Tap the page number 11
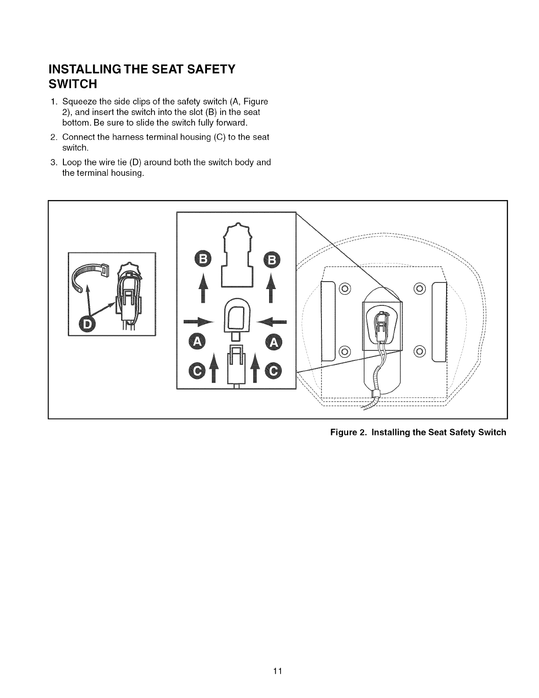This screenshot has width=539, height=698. pyautogui.click(x=277, y=671)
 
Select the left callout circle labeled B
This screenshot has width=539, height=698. pyautogui.click(x=203, y=260)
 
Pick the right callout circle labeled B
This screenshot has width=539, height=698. pyautogui.click(x=271, y=260)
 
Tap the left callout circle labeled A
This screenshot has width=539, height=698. pyautogui.click(x=196, y=342)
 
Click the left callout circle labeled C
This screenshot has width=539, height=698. pyautogui.click(x=196, y=372)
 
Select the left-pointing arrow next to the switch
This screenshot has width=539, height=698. pyautogui.click(x=273, y=321)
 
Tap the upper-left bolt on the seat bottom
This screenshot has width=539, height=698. pyautogui.click(x=345, y=289)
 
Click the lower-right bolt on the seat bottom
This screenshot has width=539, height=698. pyautogui.click(x=419, y=351)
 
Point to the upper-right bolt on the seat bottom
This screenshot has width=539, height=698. pyautogui.click(x=419, y=289)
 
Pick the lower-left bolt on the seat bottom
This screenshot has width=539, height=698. pyautogui.click(x=345, y=351)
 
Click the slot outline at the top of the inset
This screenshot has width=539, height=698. pyautogui.click(x=237, y=256)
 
